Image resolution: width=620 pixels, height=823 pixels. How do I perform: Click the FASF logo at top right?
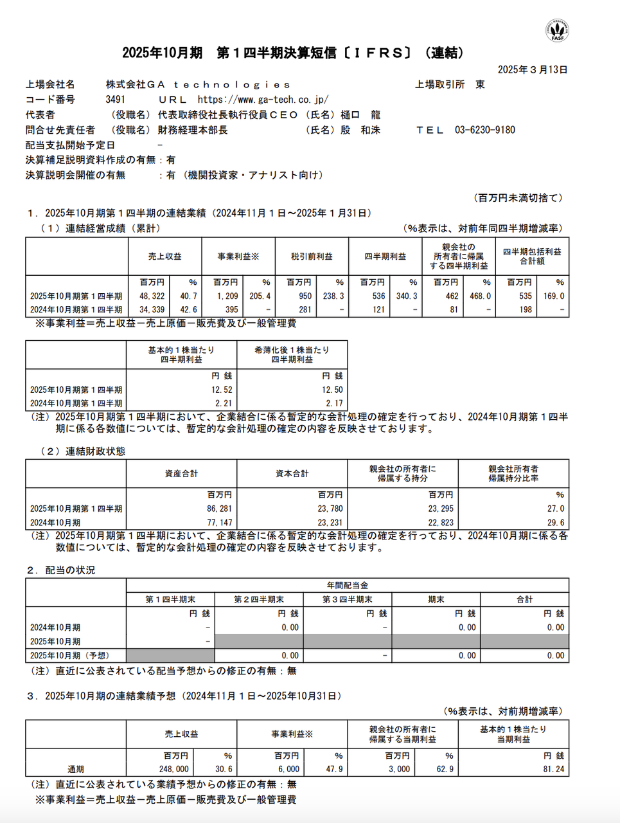click(557, 30)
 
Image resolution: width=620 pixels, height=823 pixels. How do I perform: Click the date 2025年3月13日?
click(533, 69)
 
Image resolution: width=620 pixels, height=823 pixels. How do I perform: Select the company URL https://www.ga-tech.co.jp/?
click(263, 100)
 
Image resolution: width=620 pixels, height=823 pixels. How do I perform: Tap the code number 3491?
click(116, 100)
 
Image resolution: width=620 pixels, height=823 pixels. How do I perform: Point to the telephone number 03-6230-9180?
click(484, 130)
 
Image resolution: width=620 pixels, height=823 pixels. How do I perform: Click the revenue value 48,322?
click(152, 296)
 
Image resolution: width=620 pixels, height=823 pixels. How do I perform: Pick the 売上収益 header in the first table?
click(164, 257)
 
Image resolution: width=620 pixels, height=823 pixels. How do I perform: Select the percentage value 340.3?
click(406, 296)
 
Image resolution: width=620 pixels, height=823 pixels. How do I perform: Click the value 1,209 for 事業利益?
click(227, 296)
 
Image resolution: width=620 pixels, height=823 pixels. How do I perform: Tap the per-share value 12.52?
click(222, 390)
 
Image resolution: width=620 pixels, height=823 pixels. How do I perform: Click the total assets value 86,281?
click(219, 509)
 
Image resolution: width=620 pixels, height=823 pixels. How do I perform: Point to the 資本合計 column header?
click(292, 473)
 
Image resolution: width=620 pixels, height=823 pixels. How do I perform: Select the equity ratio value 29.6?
click(556, 523)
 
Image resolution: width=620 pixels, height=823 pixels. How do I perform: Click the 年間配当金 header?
click(347, 585)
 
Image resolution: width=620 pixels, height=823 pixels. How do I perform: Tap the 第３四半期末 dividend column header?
click(347, 599)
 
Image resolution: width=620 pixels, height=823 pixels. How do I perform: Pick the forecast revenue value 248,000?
click(174, 769)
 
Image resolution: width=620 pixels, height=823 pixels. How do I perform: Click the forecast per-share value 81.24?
click(553, 769)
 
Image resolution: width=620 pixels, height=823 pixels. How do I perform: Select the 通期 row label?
click(76, 769)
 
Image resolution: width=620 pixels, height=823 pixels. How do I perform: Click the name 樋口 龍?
click(360, 115)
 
